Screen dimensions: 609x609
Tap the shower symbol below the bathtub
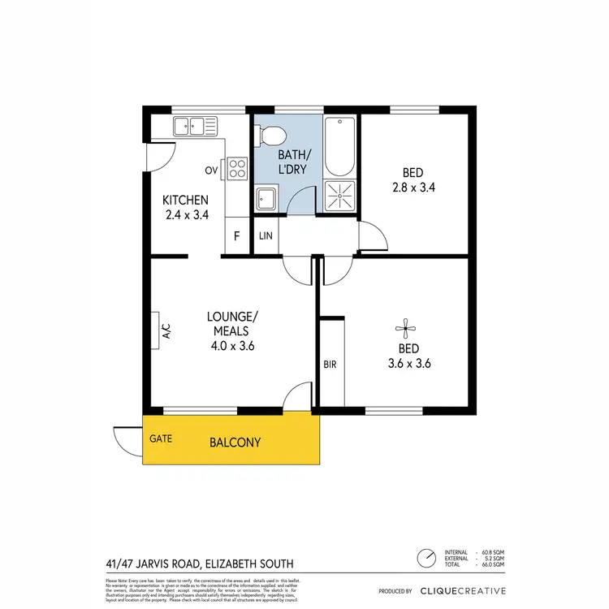pyautogui.click(x=339, y=196)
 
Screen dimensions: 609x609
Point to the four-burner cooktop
pyautogui.click(x=237, y=168)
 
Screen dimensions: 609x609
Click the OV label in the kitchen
pyautogui.click(x=211, y=171)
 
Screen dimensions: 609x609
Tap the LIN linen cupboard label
pyautogui.click(x=266, y=236)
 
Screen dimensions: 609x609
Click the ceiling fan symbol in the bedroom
pyautogui.click(x=405, y=329)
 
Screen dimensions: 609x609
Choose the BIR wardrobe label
pyautogui.click(x=330, y=365)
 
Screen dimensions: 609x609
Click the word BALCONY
pyautogui.click(x=235, y=443)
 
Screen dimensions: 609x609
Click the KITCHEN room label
pyautogui.click(x=186, y=201)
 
